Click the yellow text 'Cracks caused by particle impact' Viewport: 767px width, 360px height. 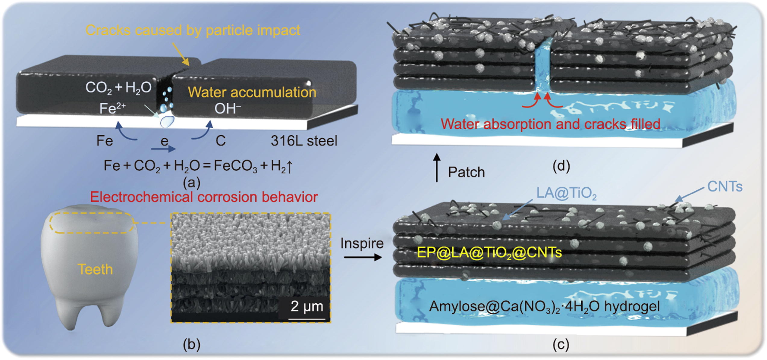[x=193, y=30]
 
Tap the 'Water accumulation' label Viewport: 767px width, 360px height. [x=252, y=92]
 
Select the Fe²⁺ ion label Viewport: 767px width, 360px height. [x=112, y=108]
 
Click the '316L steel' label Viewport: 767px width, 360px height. [x=304, y=141]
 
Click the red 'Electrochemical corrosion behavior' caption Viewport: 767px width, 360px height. [x=204, y=197]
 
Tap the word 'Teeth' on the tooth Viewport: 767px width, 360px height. [x=95, y=269]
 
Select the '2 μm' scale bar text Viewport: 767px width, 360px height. [x=307, y=306]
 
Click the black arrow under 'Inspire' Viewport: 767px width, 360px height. [x=363, y=257]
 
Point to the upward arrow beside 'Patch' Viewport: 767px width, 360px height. [x=437, y=168]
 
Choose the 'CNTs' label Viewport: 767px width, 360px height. [x=725, y=187]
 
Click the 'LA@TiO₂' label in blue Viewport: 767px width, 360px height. [x=566, y=193]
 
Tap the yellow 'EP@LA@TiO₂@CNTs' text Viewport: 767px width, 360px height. [x=489, y=252]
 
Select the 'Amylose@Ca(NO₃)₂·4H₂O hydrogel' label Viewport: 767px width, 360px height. [x=544, y=306]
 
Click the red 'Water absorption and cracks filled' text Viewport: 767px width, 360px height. [x=550, y=124]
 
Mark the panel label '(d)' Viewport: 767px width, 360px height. [x=561, y=166]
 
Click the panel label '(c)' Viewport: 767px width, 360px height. [x=561, y=344]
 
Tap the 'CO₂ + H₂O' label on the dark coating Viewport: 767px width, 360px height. [x=118, y=88]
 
